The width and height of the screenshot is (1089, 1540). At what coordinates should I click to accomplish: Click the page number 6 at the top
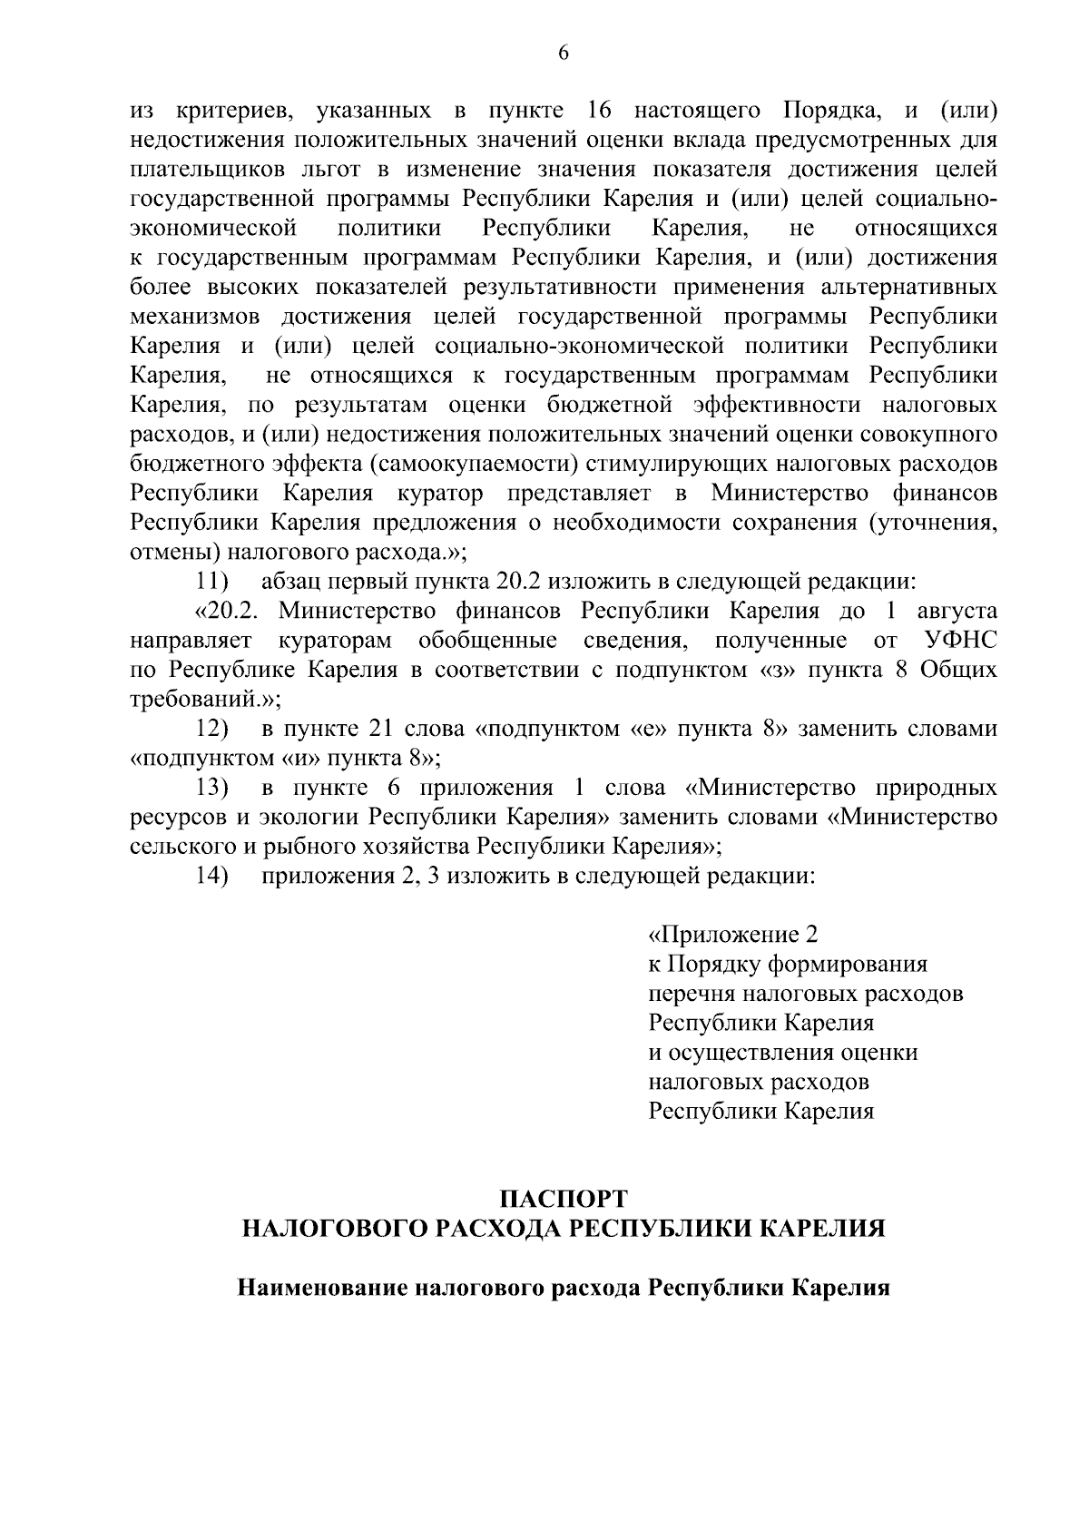pos(563,54)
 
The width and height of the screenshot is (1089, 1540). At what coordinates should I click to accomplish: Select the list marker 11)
pos(212,581)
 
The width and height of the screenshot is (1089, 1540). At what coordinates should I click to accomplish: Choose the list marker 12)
pos(212,729)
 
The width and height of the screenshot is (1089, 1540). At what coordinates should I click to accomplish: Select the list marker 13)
pos(212,788)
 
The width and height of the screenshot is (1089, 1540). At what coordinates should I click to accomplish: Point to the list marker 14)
pos(212,877)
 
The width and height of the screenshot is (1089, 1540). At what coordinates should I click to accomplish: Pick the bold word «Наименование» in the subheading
pos(319,1288)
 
